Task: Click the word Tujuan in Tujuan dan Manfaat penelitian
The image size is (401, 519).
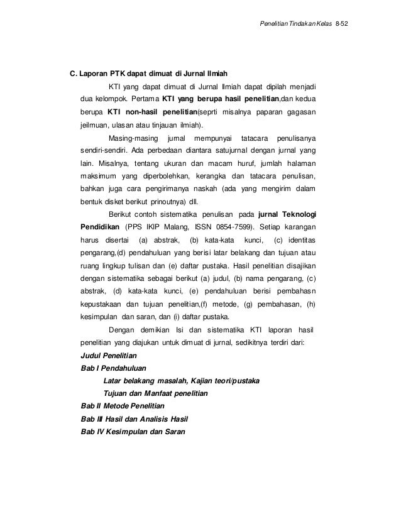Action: [x=115, y=394]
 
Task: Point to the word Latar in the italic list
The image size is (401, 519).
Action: [x=113, y=381]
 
